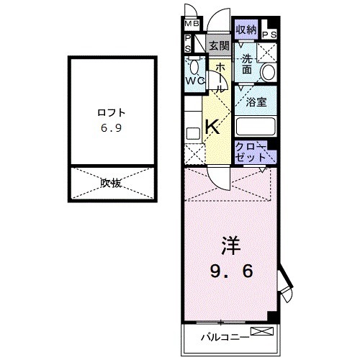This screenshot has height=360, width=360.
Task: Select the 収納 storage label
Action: pyautogui.click(x=246, y=30)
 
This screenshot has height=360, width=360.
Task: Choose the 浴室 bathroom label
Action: pyautogui.click(x=257, y=102)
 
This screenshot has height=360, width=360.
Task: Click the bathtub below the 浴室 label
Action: pyautogui.click(x=256, y=125)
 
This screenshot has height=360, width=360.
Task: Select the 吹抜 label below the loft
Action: pyautogui.click(x=111, y=183)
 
